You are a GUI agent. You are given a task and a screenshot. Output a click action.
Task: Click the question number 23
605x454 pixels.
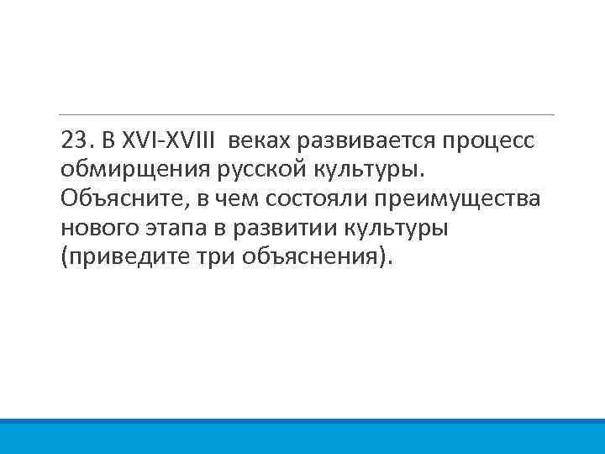click(73, 138)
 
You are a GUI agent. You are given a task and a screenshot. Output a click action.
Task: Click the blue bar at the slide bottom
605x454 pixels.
click(302, 436)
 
